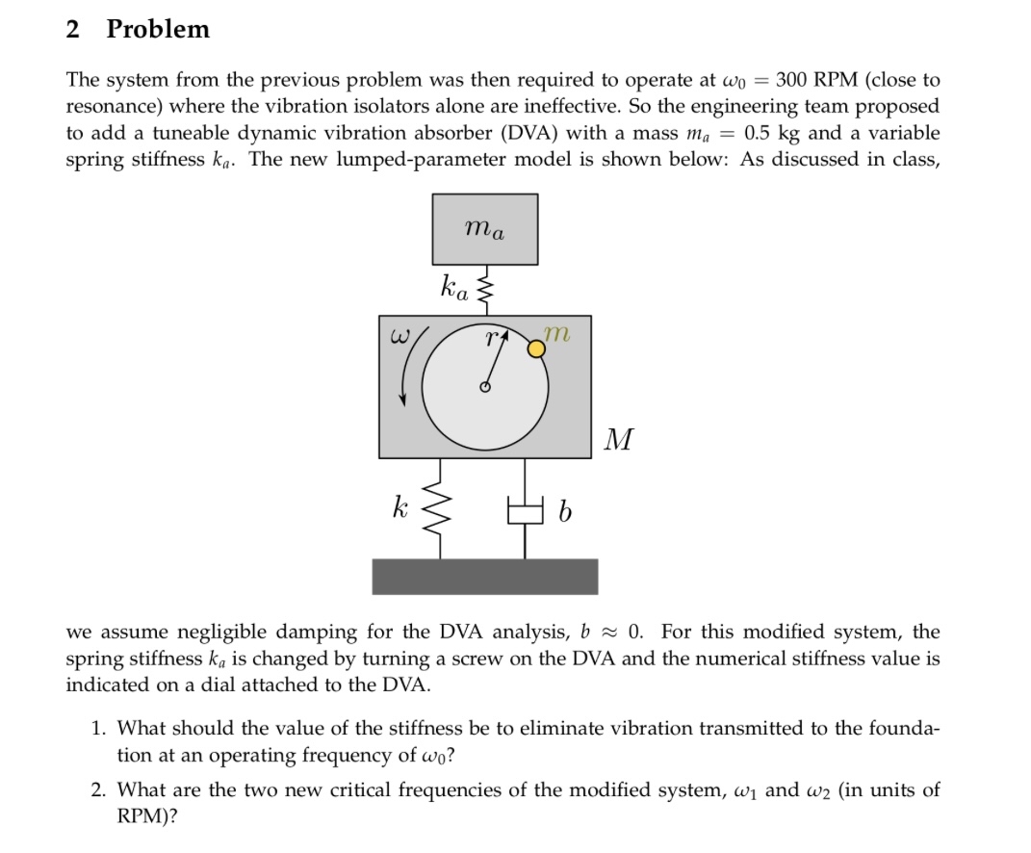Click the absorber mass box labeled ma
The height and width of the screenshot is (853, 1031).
(484, 228)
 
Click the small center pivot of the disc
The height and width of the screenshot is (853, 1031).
(485, 388)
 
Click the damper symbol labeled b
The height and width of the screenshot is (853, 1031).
(525, 511)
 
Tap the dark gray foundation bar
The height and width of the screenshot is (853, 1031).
(484, 576)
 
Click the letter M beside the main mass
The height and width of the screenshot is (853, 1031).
(620, 441)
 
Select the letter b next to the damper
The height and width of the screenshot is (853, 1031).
(565, 513)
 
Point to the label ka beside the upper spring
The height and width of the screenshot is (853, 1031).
(454, 287)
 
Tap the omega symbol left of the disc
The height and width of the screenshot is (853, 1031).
(399, 337)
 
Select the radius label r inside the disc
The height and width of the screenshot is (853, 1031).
(492, 337)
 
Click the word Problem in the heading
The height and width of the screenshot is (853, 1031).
(158, 29)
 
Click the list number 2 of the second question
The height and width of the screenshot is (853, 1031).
(98, 790)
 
